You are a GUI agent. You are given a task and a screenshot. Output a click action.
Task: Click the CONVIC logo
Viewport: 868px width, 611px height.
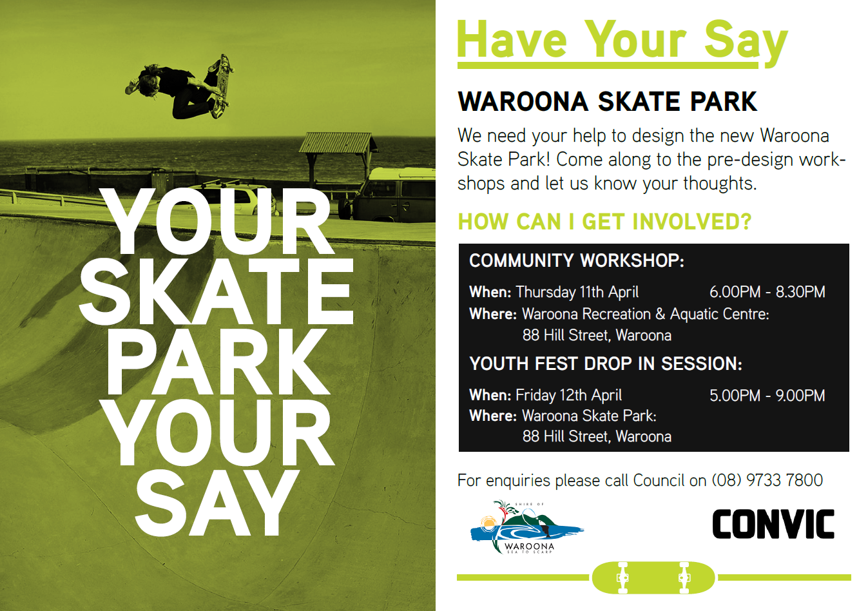(x=773, y=524)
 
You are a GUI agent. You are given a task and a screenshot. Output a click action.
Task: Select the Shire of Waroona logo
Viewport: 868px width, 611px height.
(x=525, y=527)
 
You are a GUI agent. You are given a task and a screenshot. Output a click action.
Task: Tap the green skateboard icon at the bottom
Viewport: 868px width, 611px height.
(x=653, y=577)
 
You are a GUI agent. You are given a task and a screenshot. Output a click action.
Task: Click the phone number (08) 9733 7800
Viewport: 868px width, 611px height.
(x=767, y=480)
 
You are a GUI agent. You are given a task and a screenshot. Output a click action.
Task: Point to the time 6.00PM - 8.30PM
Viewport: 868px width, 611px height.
(x=767, y=292)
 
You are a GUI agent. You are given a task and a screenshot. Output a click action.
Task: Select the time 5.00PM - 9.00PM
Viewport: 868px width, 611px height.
(x=767, y=395)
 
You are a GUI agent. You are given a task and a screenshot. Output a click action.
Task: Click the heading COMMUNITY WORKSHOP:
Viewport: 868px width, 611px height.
(x=576, y=260)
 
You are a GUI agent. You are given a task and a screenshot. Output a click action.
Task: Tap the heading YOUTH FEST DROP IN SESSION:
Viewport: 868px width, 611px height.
(x=605, y=364)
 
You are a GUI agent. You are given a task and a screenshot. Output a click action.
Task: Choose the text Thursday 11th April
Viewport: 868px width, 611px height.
(x=577, y=292)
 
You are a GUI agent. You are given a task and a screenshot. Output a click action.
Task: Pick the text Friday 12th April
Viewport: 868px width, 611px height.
(x=568, y=395)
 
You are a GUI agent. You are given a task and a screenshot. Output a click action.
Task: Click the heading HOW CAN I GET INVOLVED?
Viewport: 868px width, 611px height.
(x=604, y=222)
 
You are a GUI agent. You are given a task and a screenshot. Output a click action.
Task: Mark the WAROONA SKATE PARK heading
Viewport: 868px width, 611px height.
(x=606, y=102)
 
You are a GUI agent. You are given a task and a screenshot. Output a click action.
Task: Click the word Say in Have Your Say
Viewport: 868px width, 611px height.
(x=745, y=41)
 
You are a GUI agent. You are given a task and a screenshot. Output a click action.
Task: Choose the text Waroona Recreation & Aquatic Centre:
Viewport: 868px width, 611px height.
(x=645, y=314)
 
